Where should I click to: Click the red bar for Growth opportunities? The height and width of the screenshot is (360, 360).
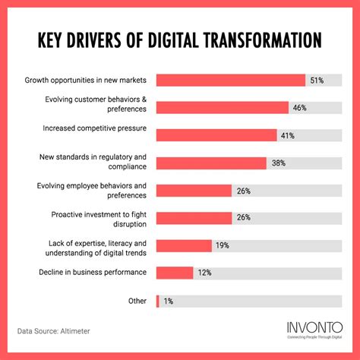point(230,80)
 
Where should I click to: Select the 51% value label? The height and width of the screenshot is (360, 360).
point(317,80)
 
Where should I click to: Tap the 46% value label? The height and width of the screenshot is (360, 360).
point(299,108)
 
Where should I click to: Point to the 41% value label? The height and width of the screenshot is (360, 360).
point(288,135)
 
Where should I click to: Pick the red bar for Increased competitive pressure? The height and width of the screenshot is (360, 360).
point(216,135)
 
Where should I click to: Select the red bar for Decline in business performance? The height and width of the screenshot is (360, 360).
point(175,273)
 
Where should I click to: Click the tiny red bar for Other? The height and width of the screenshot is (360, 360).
point(157,301)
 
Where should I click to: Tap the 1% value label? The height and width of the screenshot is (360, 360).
point(168,301)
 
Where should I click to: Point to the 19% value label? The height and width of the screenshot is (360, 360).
point(223,245)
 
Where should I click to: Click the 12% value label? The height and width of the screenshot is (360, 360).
point(204,273)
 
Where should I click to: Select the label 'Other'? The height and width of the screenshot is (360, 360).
point(137,301)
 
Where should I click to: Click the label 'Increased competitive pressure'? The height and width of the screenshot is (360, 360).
point(96,130)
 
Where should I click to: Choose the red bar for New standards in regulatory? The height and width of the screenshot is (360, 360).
point(211,163)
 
